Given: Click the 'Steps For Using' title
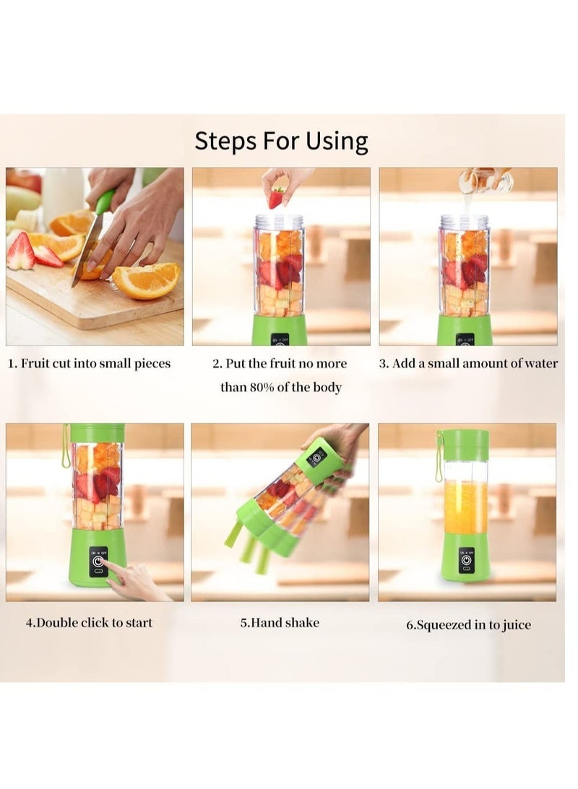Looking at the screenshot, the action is coord(281,142).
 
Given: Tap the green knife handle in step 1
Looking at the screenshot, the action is coord(105,201).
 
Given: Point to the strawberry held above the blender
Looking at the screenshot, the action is coord(276,197).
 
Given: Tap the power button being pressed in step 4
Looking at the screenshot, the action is coord(98,561).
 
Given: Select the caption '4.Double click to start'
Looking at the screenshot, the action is coord(89,622).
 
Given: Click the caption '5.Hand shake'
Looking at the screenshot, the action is coord(280,622).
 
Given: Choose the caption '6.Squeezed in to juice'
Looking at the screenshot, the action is coord(468,624).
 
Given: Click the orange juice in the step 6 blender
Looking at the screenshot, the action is coord(466,507).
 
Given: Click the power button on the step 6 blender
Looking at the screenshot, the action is coord(466,559).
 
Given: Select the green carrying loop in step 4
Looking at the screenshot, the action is coord(66,447).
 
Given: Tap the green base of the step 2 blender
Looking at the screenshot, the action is coord(280,330).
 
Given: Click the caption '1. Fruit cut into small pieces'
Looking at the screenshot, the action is coord(90,363).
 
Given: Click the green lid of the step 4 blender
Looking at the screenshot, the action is coord(97,433).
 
